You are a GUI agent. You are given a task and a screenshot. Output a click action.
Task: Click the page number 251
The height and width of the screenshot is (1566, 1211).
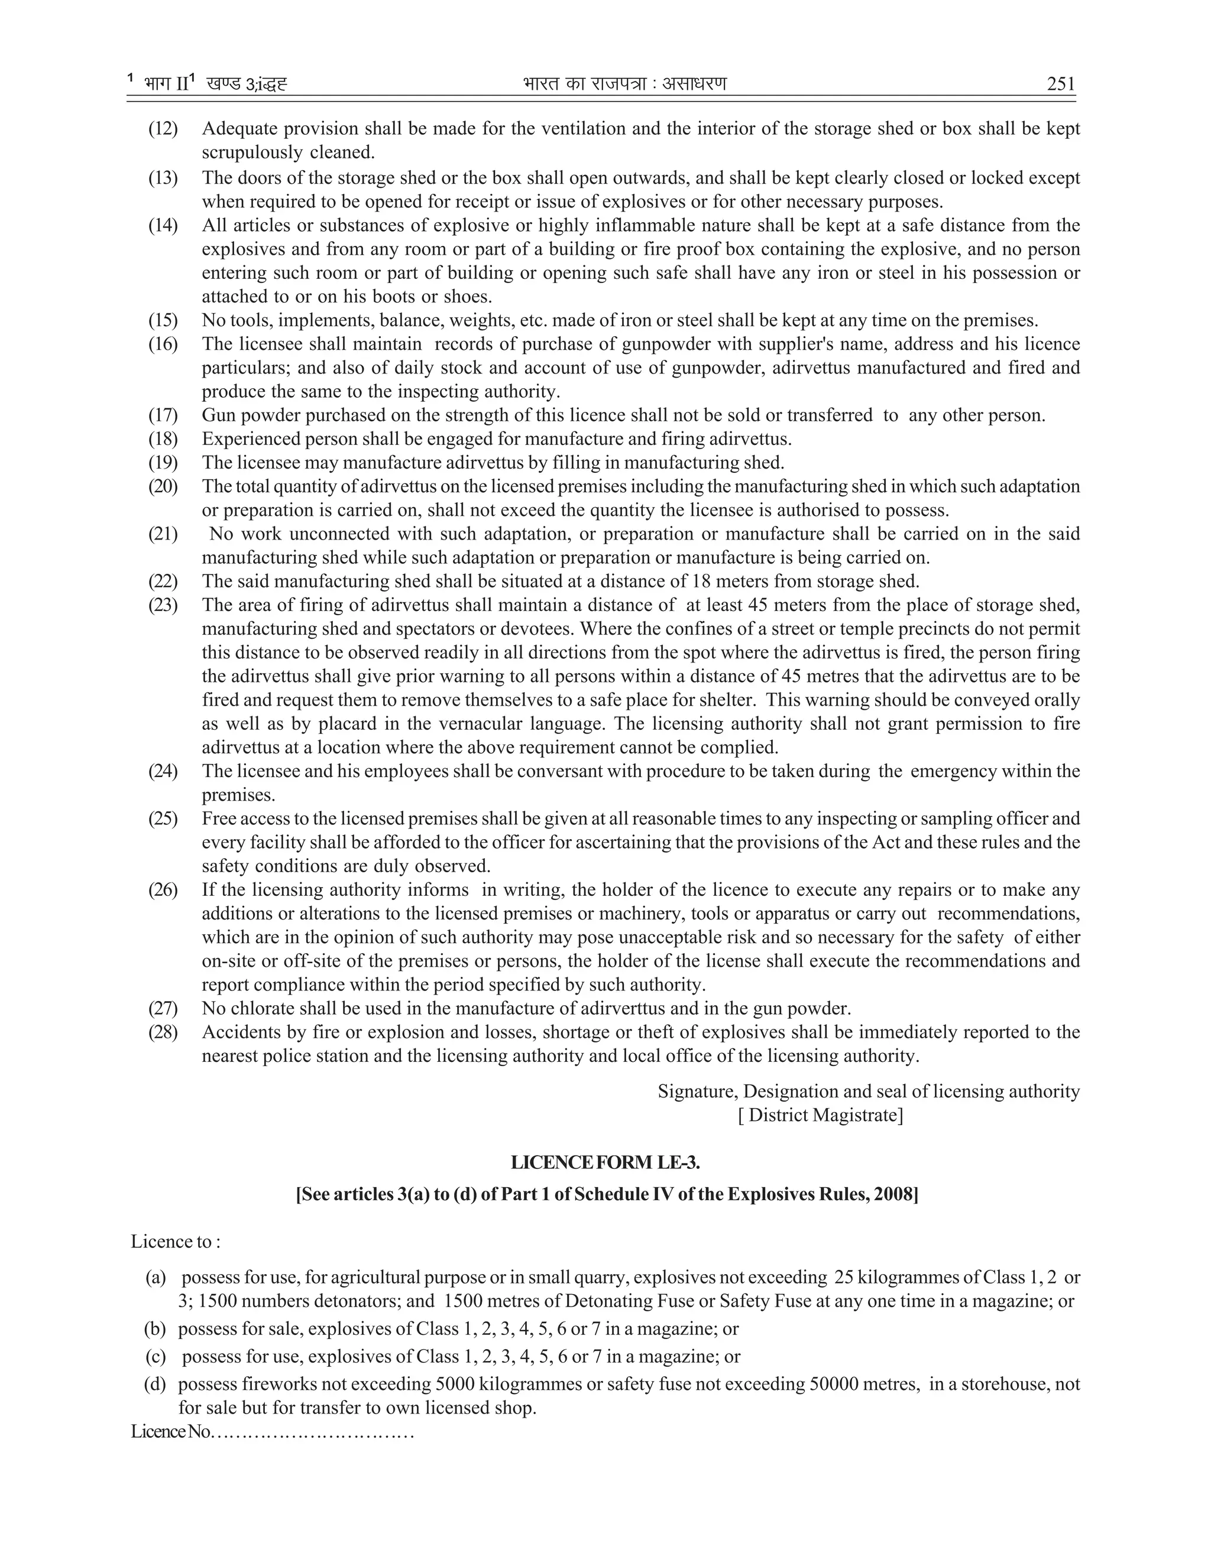click(1060, 84)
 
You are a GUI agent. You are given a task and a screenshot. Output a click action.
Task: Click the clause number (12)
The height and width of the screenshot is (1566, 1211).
click(163, 129)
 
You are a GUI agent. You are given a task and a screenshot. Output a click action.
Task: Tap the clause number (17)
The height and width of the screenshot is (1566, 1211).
click(163, 415)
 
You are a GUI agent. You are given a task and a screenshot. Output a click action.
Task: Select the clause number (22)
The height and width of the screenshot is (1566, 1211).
click(163, 581)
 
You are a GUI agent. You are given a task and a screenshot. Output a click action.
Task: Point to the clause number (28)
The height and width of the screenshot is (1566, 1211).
click(163, 1032)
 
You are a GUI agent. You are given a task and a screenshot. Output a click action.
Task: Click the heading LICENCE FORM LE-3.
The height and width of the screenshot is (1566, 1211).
click(605, 1162)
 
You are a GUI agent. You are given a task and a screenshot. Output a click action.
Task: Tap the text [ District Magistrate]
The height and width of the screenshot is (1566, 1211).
click(820, 1115)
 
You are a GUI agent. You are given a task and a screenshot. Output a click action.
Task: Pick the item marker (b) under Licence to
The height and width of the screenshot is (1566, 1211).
click(154, 1328)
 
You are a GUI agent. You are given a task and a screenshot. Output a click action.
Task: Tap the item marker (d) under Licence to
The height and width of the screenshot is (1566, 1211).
click(154, 1384)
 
